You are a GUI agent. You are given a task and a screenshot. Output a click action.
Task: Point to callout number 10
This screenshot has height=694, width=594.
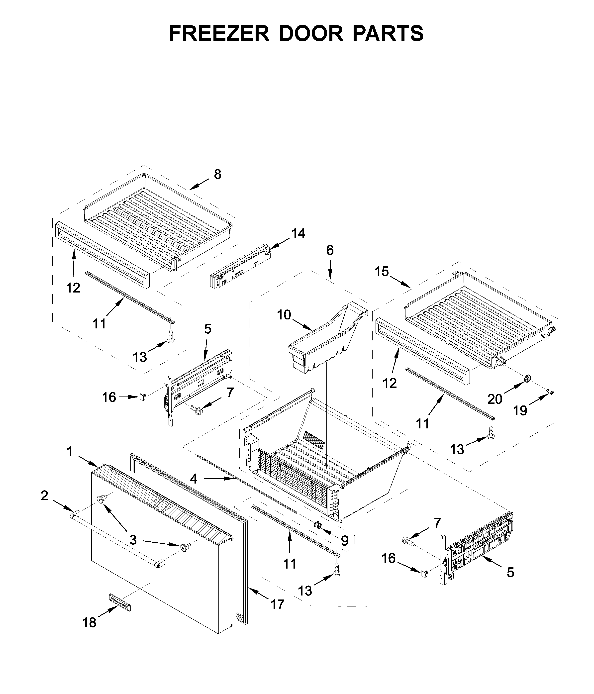pos(284,315)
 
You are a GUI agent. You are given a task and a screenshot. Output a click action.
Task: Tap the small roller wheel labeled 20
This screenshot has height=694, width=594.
pos(528,379)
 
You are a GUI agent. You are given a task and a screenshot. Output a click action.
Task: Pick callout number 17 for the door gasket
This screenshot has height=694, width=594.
pos(277,604)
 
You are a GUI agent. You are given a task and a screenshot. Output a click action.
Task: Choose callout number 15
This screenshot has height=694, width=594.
pos(382,271)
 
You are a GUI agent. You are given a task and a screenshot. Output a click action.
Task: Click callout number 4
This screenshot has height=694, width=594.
pos(194,479)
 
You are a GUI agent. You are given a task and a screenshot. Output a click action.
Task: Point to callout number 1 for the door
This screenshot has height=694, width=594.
pos(69,452)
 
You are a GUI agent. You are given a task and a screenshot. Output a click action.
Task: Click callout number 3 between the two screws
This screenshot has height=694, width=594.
pos(133,540)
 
